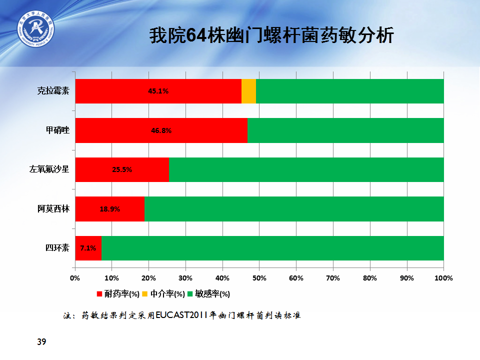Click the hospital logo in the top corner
tap(35, 29)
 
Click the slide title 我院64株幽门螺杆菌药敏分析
tap(271, 35)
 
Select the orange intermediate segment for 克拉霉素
tap(248, 91)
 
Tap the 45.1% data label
tap(158, 91)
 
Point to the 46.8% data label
tap(161, 130)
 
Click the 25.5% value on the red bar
tap(122, 169)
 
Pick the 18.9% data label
tap(110, 209)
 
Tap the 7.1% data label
tap(88, 248)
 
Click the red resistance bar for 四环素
tap(88, 248)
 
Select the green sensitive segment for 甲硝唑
tap(345, 130)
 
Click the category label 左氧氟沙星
tap(49, 169)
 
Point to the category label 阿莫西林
tap(53, 209)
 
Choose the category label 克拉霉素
tap(53, 91)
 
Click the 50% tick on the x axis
tap(259, 278)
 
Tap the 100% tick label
tap(443, 278)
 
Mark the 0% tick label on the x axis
tap(75, 278)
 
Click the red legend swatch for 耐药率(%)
tap(99, 294)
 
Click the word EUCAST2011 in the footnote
tap(182, 315)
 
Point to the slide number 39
tap(41, 341)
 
